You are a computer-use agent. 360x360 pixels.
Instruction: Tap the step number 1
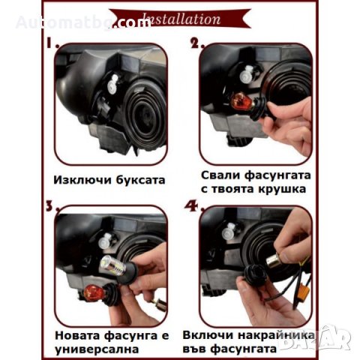(53, 45)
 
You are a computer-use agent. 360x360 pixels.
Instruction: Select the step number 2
(197, 45)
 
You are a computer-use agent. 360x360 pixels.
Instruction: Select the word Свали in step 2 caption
(222, 175)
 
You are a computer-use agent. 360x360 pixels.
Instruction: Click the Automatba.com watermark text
(82, 22)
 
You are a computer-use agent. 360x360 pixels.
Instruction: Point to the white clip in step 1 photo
(112, 85)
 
